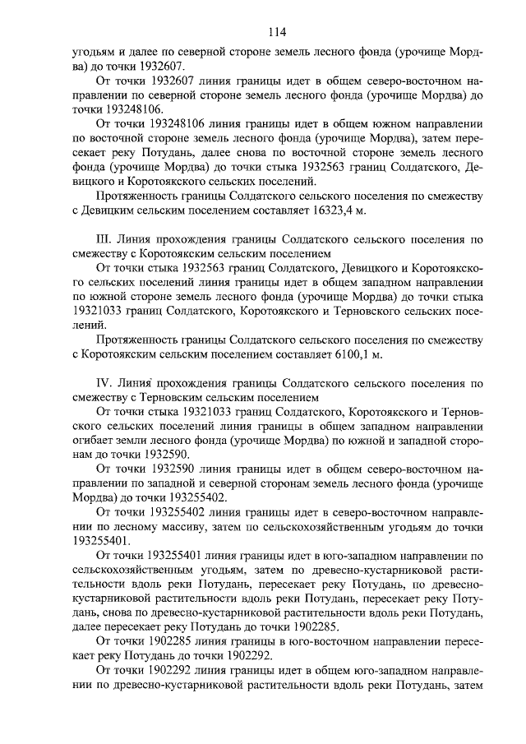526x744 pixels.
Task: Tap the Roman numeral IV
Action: point(104,382)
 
